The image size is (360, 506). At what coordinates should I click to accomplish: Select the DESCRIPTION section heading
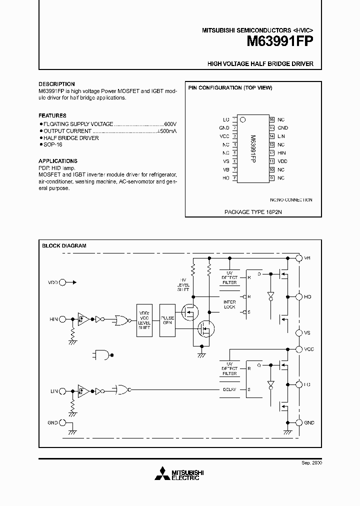(56, 84)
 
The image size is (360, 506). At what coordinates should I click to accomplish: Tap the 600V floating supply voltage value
(170, 123)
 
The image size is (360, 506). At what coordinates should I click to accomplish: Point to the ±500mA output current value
(167, 130)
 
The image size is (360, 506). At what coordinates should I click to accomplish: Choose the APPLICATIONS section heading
(58, 161)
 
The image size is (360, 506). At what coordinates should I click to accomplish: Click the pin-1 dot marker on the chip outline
(242, 120)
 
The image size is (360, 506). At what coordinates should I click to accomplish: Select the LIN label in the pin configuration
(281, 136)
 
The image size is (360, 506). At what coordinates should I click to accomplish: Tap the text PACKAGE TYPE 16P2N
(250, 212)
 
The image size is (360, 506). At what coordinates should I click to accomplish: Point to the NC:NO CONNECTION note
(291, 200)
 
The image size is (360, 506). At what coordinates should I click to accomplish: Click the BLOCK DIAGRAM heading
(64, 245)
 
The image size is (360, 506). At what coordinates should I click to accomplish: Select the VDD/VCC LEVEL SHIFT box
(144, 319)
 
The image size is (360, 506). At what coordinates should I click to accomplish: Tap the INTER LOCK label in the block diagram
(229, 304)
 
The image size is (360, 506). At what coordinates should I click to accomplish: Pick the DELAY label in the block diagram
(229, 389)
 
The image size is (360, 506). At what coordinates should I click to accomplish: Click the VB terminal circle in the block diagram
(299, 258)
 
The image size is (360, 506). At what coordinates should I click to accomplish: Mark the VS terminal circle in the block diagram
(299, 332)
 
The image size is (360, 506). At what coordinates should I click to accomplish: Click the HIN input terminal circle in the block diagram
(62, 319)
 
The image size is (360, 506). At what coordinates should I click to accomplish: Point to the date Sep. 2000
(312, 463)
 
